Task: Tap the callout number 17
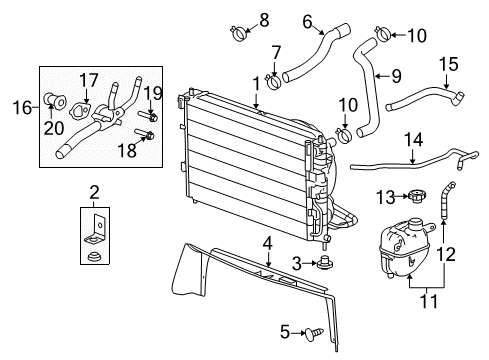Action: (x=88, y=79)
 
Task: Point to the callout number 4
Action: (x=267, y=243)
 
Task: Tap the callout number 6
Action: (x=307, y=20)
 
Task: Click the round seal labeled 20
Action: (x=50, y=100)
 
